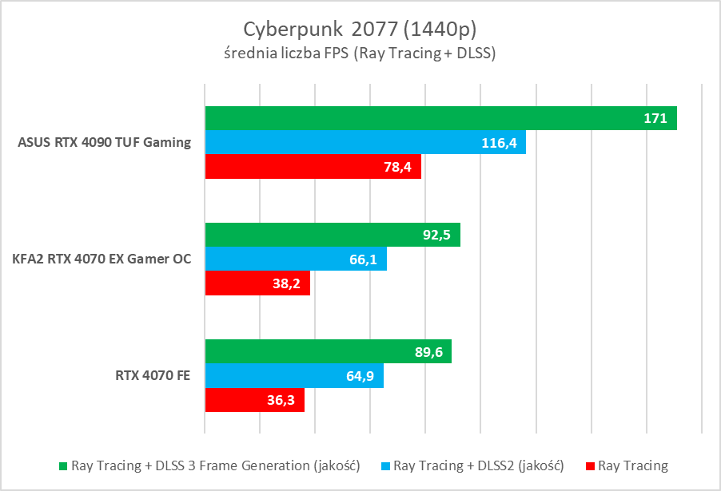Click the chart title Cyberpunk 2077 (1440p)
(360, 29)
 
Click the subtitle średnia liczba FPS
(360, 54)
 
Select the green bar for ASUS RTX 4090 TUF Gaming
(440, 118)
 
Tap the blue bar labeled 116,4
(365, 142)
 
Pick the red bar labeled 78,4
(313, 166)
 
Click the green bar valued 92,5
(333, 235)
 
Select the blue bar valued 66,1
(296, 259)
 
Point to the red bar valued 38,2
(257, 283)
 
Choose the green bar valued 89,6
(329, 351)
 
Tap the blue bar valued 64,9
(294, 375)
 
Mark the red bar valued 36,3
(255, 399)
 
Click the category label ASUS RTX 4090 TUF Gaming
(105, 143)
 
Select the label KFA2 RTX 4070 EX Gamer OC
(102, 259)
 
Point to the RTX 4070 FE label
(151, 376)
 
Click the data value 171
(655, 118)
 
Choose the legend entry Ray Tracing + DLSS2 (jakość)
(479, 465)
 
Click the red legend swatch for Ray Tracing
(591, 465)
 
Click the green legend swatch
(64, 465)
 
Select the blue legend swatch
(387, 465)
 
